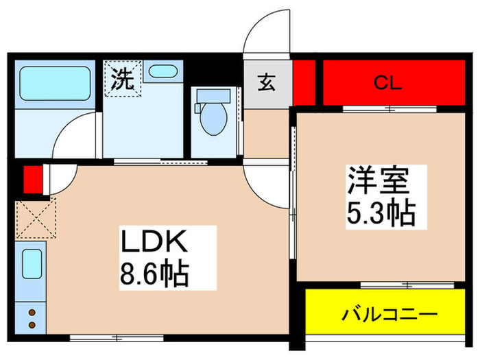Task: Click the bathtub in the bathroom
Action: (x=54, y=84)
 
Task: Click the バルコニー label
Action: (x=389, y=315)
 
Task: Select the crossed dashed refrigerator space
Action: (x=34, y=217)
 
